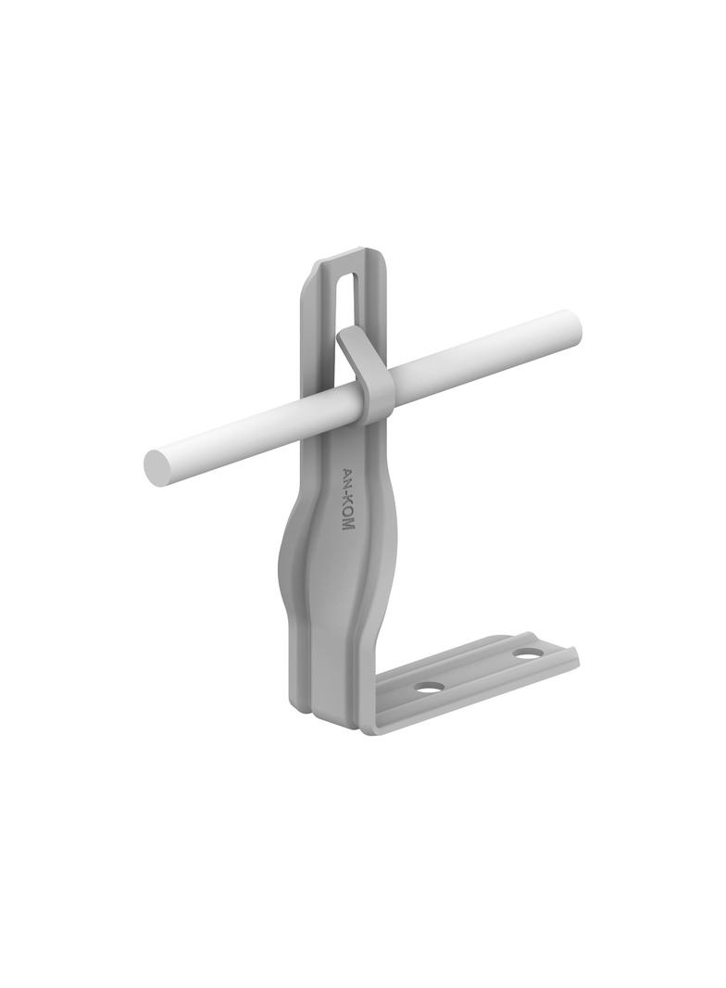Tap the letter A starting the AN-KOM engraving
347,472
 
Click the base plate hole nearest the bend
429,688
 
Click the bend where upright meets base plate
367,718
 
